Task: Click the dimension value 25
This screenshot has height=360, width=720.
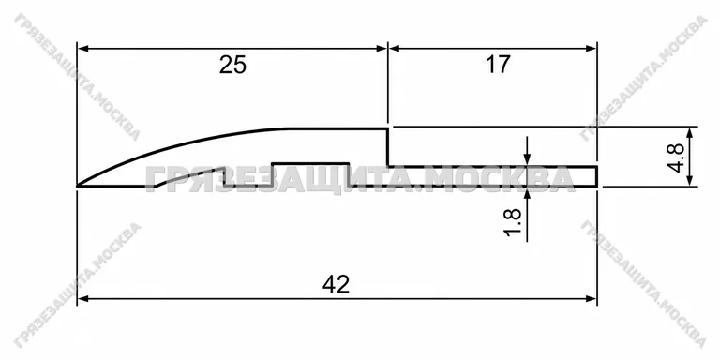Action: pos(232,65)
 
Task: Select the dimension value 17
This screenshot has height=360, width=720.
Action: pos(498,65)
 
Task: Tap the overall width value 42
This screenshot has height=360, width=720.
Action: pos(337,285)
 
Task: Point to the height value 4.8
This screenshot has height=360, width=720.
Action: pos(675,157)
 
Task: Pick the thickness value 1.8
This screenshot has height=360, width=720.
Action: pos(513,222)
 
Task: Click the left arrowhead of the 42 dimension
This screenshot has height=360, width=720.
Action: pos(82,299)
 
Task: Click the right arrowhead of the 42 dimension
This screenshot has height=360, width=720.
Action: pos(591,299)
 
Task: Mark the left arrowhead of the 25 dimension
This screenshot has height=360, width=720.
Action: pos(82,48)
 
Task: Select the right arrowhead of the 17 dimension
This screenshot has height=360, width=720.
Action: pos(591,48)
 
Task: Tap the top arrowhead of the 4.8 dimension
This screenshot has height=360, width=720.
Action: pos(690,132)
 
